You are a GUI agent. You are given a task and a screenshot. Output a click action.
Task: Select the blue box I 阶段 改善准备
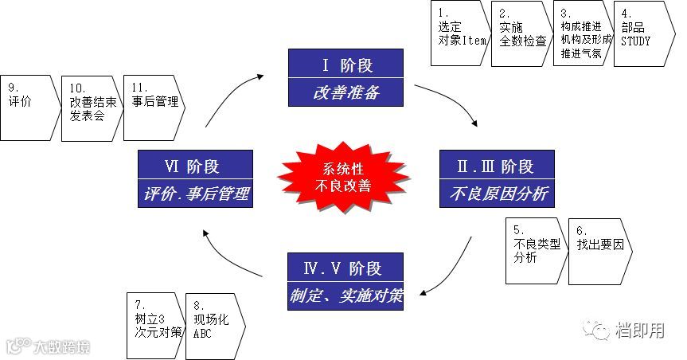click(345, 78)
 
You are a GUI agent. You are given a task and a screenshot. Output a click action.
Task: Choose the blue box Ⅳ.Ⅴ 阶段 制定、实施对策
click(345, 282)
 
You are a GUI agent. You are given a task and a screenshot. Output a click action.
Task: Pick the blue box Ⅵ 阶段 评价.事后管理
click(195, 180)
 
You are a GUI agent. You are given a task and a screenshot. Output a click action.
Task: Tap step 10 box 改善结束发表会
click(90, 108)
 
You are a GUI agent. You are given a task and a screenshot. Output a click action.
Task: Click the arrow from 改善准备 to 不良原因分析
click(450, 101)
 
